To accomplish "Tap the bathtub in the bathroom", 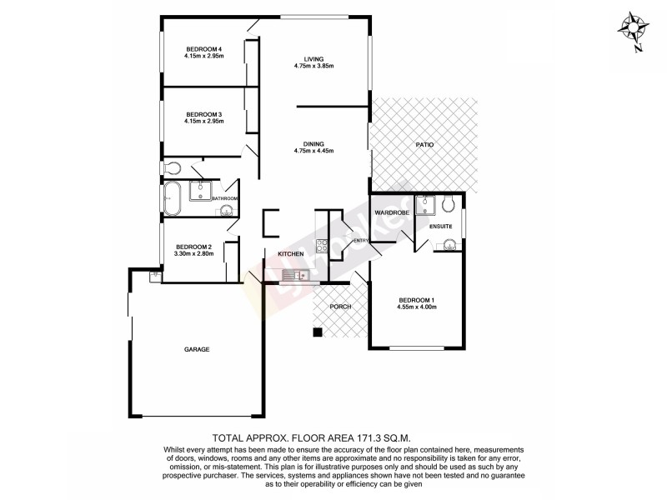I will (x=173, y=197).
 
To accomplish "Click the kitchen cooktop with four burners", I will (x=320, y=246).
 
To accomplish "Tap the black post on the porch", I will (x=317, y=333).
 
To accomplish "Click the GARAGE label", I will (x=197, y=349).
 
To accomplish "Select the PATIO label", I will (x=425, y=145).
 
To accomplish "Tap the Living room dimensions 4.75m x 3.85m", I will (x=313, y=67).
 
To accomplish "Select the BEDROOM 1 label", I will (x=417, y=300).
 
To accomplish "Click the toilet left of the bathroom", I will (x=172, y=165).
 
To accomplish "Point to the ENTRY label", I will (x=361, y=241).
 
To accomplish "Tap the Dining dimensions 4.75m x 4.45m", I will (x=313, y=151).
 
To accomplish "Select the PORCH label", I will (x=339, y=307).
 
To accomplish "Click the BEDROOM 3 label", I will (x=203, y=114).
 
